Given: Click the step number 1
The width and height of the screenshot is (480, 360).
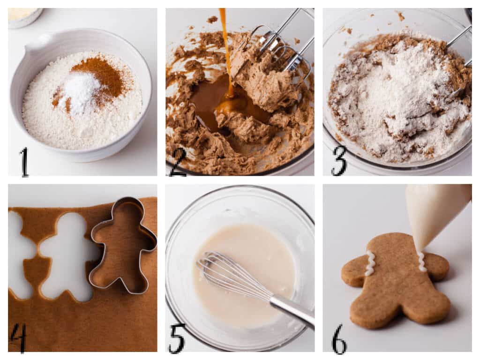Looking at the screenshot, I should [x=23, y=162].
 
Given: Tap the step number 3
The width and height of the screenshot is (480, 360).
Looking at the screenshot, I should [x=338, y=161].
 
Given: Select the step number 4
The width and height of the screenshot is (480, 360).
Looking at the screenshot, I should [x=18, y=337].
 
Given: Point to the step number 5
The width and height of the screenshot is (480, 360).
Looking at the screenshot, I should [x=177, y=338].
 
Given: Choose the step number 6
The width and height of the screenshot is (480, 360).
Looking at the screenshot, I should [x=339, y=339].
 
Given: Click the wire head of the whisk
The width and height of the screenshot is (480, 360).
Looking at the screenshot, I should [x=225, y=274].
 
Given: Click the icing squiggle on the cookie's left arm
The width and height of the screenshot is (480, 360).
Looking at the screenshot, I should [x=370, y=263].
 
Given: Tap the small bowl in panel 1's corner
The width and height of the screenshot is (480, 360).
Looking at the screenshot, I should [x=23, y=16].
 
